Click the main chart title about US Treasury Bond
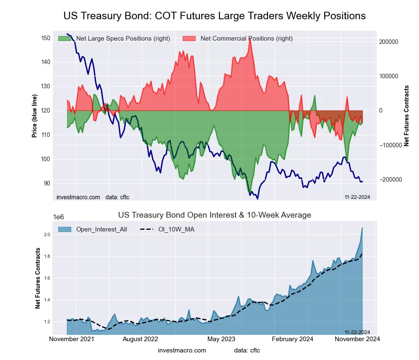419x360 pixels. click(x=215, y=16)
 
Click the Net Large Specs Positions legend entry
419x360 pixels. click(x=122, y=39)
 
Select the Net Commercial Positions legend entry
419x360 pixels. click(x=246, y=39)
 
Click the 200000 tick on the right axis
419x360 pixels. click(x=388, y=42)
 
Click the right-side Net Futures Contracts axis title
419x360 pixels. click(x=406, y=116)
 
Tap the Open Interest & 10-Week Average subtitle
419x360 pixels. click(x=215, y=215)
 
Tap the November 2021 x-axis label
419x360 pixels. click(x=72, y=339)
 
